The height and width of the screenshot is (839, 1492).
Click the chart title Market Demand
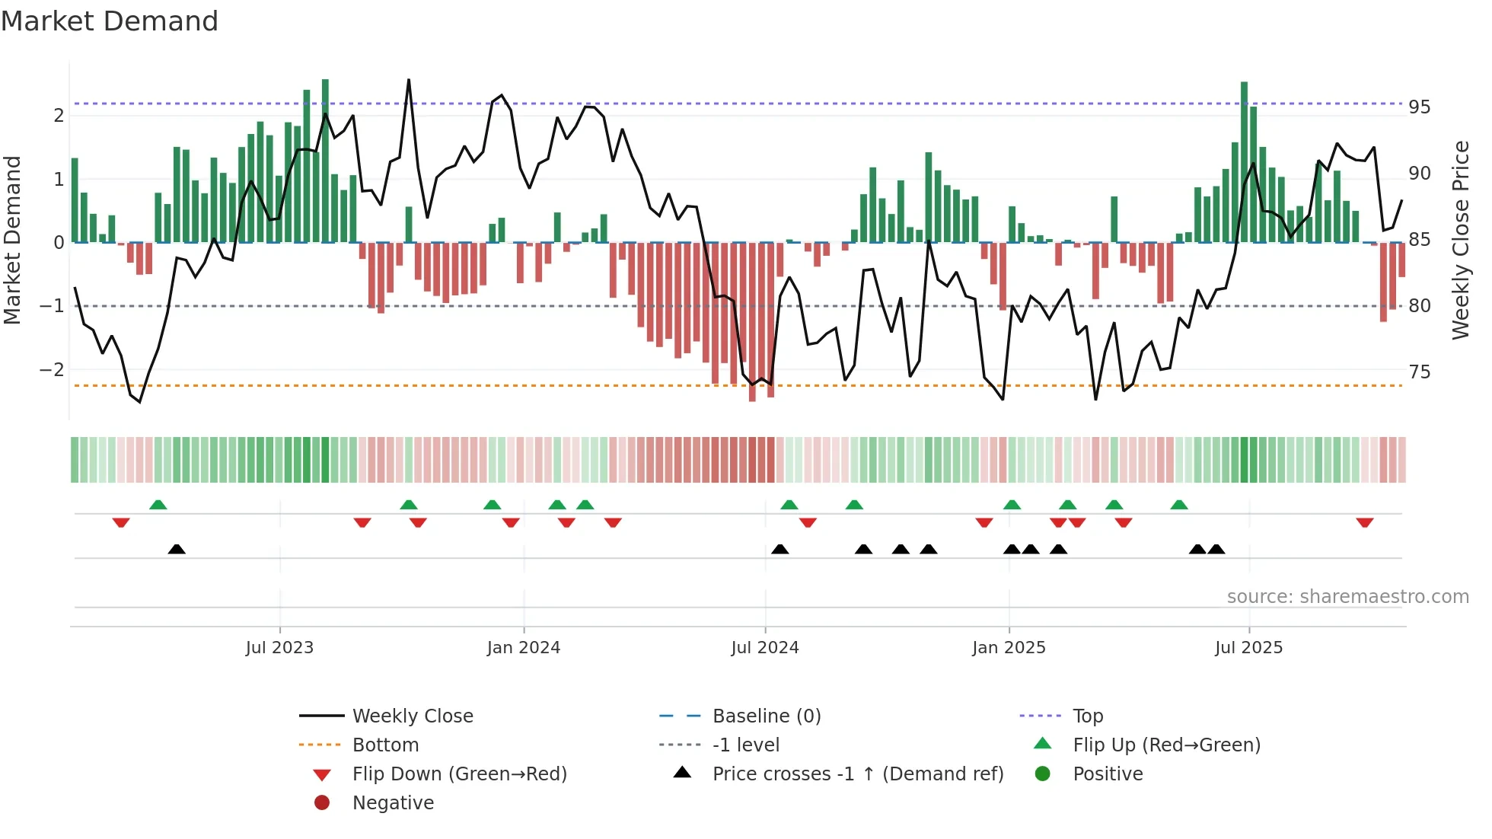tap(110, 21)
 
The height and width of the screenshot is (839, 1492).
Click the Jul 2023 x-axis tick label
tap(279, 648)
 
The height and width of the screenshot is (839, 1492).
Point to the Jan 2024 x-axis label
tap(523, 648)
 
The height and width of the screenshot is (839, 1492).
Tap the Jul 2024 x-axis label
tap(764, 648)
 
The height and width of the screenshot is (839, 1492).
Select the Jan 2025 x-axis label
tap(1009, 648)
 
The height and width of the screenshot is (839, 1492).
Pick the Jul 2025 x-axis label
tap(1248, 648)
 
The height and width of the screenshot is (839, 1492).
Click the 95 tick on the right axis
tap(1419, 107)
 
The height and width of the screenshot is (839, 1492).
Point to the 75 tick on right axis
tap(1419, 372)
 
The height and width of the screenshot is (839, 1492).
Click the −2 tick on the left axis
tap(52, 370)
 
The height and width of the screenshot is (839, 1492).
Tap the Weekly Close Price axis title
tap(1460, 240)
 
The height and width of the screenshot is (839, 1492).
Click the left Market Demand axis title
tap(12, 240)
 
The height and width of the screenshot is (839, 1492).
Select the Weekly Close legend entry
tap(412, 716)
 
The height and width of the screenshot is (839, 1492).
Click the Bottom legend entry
tap(385, 745)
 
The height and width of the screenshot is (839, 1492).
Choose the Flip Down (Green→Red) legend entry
tap(459, 774)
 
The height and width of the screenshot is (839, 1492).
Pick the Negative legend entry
tap(393, 803)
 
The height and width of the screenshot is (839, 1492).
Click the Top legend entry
tap(1087, 716)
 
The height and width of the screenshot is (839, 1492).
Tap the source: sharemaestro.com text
tap(1347, 597)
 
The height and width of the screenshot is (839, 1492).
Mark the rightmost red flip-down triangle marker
tap(1364, 522)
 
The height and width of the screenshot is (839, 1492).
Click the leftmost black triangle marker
tap(177, 549)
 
